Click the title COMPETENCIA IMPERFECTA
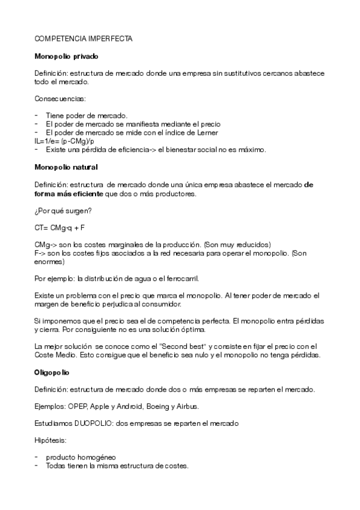[84, 38]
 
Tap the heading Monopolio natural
[66, 166]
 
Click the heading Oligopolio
[52, 373]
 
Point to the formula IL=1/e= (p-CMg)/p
[64, 141]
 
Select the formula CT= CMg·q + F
[59, 228]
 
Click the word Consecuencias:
[60, 98]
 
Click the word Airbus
[189, 407]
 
